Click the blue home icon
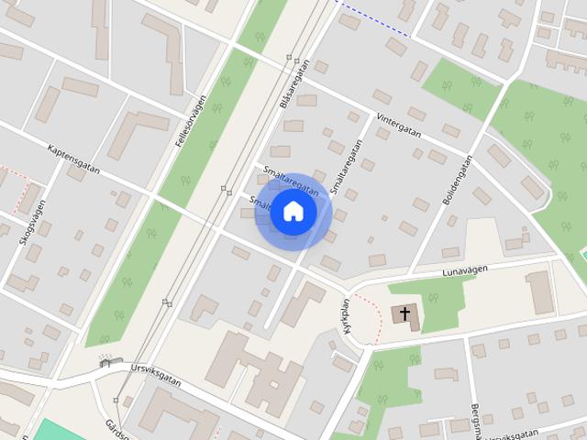point(292,211)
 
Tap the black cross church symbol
point(404,314)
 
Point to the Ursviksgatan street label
point(157,376)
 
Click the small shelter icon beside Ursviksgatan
point(104,362)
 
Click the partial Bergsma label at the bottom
point(476,421)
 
